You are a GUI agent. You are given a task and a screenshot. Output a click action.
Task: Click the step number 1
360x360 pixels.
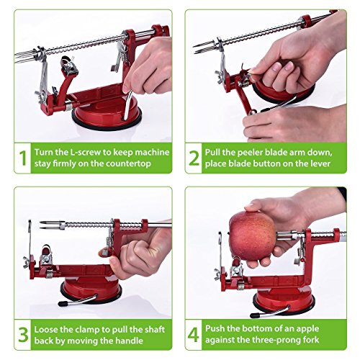pos(23,158)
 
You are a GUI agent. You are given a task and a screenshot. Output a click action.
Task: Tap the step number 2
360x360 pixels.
pos(194,158)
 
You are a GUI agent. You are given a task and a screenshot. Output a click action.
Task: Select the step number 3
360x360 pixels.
pos(23,335)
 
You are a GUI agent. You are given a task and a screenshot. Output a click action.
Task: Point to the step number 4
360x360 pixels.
pos(194,335)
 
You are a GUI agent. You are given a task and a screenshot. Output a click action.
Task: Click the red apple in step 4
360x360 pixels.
pos(252,235)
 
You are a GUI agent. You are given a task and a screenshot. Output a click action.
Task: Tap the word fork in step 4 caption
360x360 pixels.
pos(310,340)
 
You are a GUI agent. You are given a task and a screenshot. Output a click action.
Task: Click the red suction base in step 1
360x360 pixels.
pos(107,114)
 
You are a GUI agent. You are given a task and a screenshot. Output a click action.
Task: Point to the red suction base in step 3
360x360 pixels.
pos(91,290)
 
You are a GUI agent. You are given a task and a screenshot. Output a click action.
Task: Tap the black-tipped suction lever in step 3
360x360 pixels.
pos(77,301)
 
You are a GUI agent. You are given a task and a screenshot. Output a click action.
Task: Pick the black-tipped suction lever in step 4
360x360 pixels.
pos(269,312)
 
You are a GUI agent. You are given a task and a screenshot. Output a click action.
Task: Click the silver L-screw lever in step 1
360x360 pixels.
pos(128,105)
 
